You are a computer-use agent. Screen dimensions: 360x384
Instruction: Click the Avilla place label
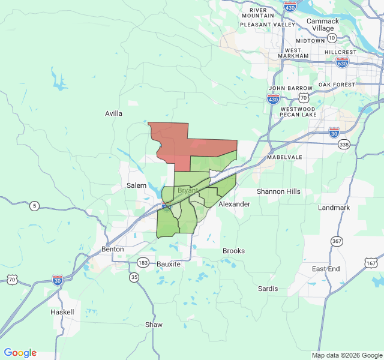click(113, 113)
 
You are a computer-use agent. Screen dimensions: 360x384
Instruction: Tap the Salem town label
click(136, 185)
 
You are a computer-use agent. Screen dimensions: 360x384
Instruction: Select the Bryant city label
click(188, 190)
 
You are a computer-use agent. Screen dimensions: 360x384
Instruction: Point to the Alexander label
click(234, 204)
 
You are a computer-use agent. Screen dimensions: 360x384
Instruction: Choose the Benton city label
click(112, 248)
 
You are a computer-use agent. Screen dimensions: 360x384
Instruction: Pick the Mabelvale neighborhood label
click(284, 157)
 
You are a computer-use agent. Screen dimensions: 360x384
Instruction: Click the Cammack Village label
click(323, 25)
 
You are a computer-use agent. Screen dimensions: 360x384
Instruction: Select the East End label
click(326, 268)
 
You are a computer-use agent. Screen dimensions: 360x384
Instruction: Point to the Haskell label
click(62, 312)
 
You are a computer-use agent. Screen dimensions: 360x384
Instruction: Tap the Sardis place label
click(268, 289)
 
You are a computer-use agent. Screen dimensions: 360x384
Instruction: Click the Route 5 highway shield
click(35, 206)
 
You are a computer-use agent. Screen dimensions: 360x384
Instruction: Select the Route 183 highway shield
click(143, 262)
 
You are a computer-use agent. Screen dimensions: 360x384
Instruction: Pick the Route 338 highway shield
click(344, 144)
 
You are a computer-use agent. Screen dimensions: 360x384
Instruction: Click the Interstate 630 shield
click(342, 62)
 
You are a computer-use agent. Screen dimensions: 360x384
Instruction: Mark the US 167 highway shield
click(371, 263)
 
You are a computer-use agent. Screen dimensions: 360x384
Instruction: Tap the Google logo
click(20, 353)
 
